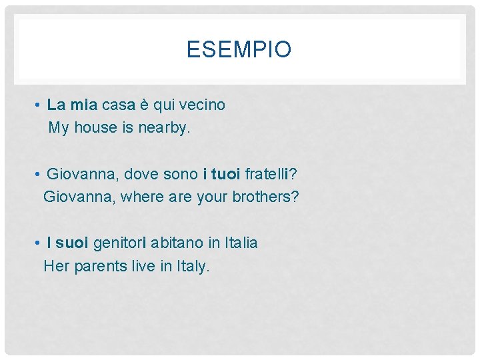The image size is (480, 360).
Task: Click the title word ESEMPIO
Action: (x=239, y=50)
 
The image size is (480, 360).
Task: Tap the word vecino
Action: (x=202, y=105)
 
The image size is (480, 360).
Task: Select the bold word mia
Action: (x=83, y=105)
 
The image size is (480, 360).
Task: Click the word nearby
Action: (x=163, y=127)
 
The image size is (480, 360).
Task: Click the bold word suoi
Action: (x=72, y=243)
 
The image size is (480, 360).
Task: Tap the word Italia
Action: (x=241, y=243)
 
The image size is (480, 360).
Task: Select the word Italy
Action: (x=193, y=266)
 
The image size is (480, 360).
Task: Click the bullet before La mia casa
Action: (x=41, y=105)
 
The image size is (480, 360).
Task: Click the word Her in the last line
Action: (x=55, y=266)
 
